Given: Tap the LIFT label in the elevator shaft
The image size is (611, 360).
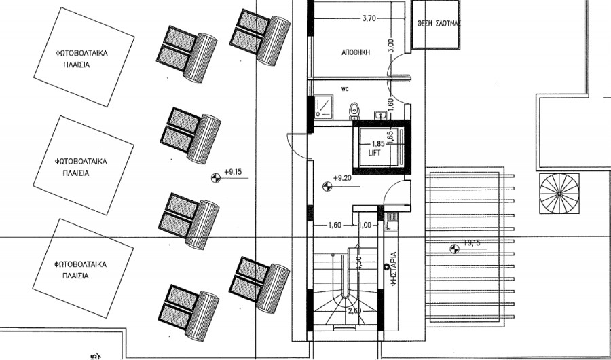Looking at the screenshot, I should point(376,154).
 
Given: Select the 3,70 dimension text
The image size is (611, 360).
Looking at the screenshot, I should point(369,18).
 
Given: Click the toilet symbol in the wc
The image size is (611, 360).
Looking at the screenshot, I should point(353,110).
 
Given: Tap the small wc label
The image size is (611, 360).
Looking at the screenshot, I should point(345,88).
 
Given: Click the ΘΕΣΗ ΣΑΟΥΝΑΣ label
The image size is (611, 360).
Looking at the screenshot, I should point(439,22).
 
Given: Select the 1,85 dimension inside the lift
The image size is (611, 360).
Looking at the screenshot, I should point(378,144).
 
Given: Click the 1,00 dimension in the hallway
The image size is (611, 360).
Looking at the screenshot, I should point(365,225).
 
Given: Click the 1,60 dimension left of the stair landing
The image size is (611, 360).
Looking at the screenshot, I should point(334,225).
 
